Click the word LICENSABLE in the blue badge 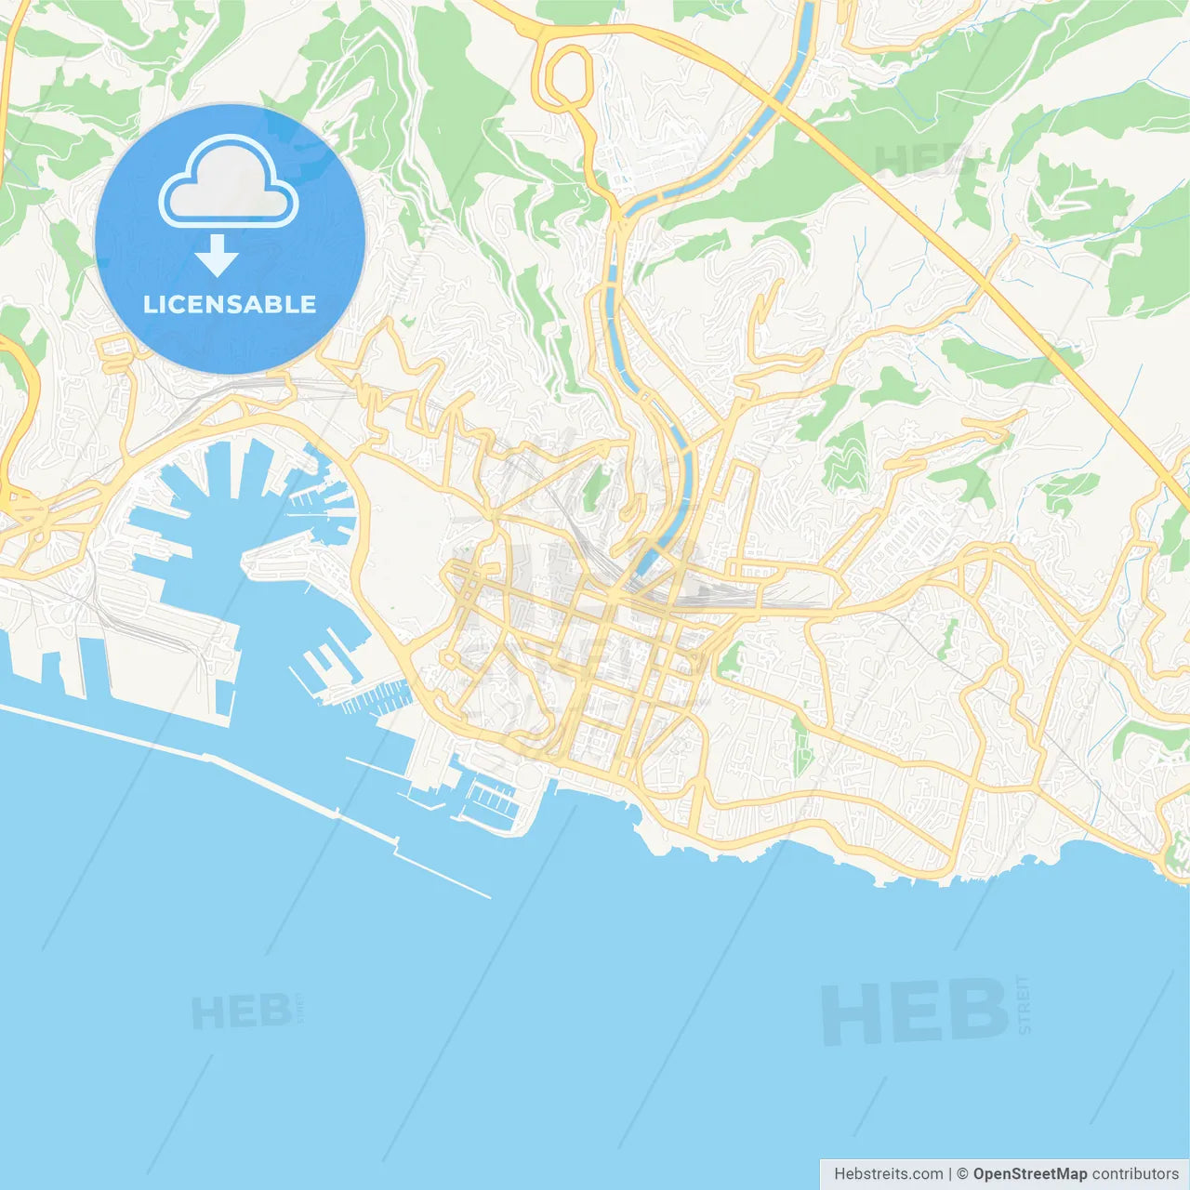[x=230, y=305]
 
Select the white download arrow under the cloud [x=217, y=256]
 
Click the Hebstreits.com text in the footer [x=888, y=1174]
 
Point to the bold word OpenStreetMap [x=1029, y=1174]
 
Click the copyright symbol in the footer [x=962, y=1174]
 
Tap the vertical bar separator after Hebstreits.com [x=949, y=1174]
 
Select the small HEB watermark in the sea [x=241, y=1012]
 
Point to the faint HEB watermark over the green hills [x=916, y=160]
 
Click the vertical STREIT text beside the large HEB [x=1024, y=1004]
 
